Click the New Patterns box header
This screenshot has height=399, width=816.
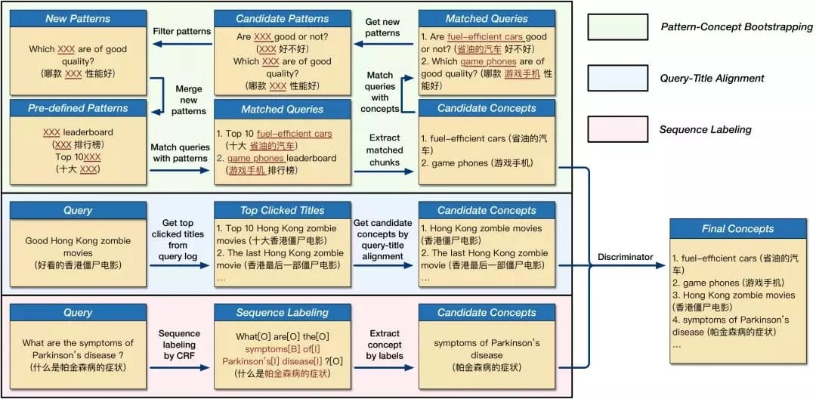coord(78,18)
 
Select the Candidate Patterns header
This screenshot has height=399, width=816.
coord(283,18)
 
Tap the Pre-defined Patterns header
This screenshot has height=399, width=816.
coord(78,108)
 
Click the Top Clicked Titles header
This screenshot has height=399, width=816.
coord(283,211)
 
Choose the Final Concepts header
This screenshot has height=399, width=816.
coord(727,228)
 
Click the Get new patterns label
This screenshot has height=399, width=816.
coord(382,27)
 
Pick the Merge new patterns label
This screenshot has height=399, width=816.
coord(189,100)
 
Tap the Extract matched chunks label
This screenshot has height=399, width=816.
coord(385,150)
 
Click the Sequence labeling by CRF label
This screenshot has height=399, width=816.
coord(180,345)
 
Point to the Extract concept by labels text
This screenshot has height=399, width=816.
coord(385,345)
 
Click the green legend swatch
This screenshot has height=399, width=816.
coord(617,26)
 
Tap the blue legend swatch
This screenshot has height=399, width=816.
coord(617,77)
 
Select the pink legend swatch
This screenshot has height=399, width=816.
coord(617,128)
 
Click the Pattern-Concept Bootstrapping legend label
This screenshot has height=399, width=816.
coord(736,26)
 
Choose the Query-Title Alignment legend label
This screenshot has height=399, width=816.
coord(712,78)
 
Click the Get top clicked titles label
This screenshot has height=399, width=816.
coord(180,240)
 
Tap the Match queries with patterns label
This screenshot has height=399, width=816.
coord(180,153)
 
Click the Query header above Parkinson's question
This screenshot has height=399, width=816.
coord(78,313)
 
